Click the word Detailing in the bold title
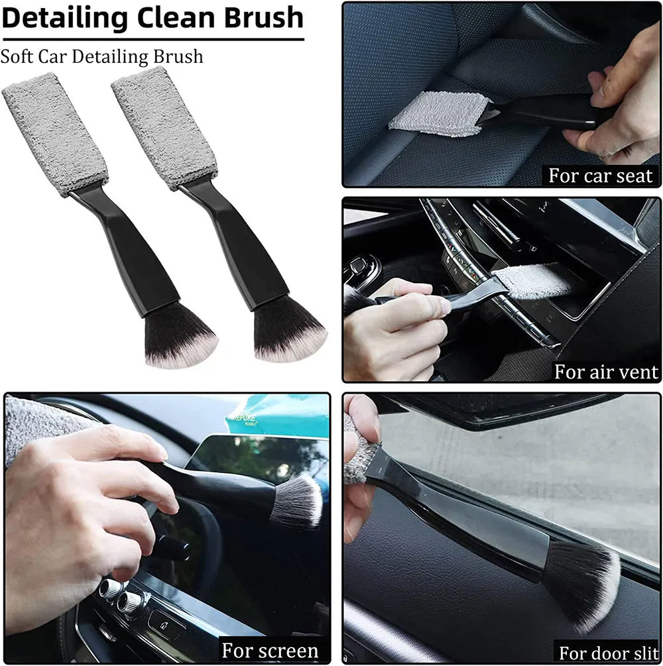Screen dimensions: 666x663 [64, 18]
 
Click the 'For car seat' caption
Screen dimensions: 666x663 [601, 176]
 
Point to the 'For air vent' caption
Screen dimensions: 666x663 [606, 372]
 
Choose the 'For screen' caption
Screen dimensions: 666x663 [270, 650]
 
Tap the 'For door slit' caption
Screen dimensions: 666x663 [608, 651]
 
